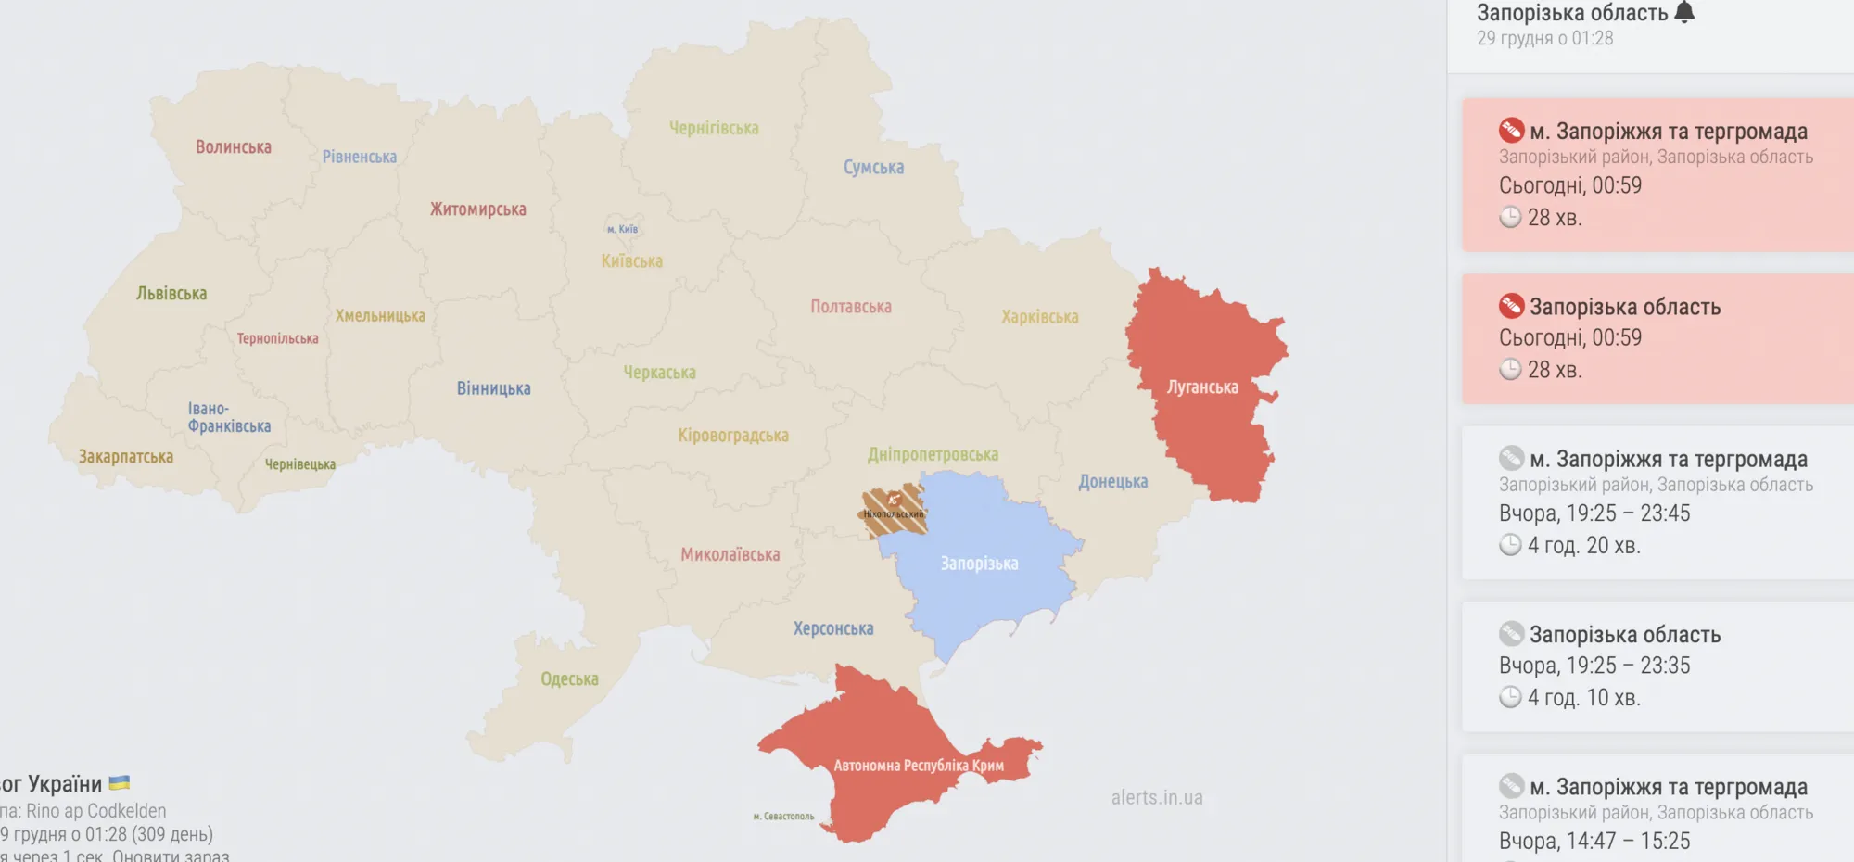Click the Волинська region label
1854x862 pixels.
pos(234,147)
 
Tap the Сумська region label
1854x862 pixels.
pos(873,168)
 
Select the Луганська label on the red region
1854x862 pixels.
pos(1202,387)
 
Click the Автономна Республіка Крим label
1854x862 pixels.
pos(918,766)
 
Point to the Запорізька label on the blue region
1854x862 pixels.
pos(979,564)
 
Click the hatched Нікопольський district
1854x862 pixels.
pos(894,511)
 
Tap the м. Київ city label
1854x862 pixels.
pos(622,229)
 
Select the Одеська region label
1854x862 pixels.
pos(569,679)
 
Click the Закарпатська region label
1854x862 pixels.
pos(126,457)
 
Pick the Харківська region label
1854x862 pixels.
pos(1039,317)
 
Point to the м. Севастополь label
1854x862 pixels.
pos(783,817)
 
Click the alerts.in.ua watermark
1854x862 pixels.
pos(1157,797)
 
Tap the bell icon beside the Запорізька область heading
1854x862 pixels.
pos(1684,12)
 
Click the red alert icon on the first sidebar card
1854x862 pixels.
pos(1511,130)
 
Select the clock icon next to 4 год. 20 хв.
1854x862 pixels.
pos(1510,545)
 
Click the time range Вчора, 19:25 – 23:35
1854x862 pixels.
pos(1594,666)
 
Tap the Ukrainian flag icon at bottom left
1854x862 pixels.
pos(120,783)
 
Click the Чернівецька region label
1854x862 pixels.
pos(300,464)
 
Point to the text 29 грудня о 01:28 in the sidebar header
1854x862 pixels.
pos(1544,39)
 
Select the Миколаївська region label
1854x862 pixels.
pos(730,555)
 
